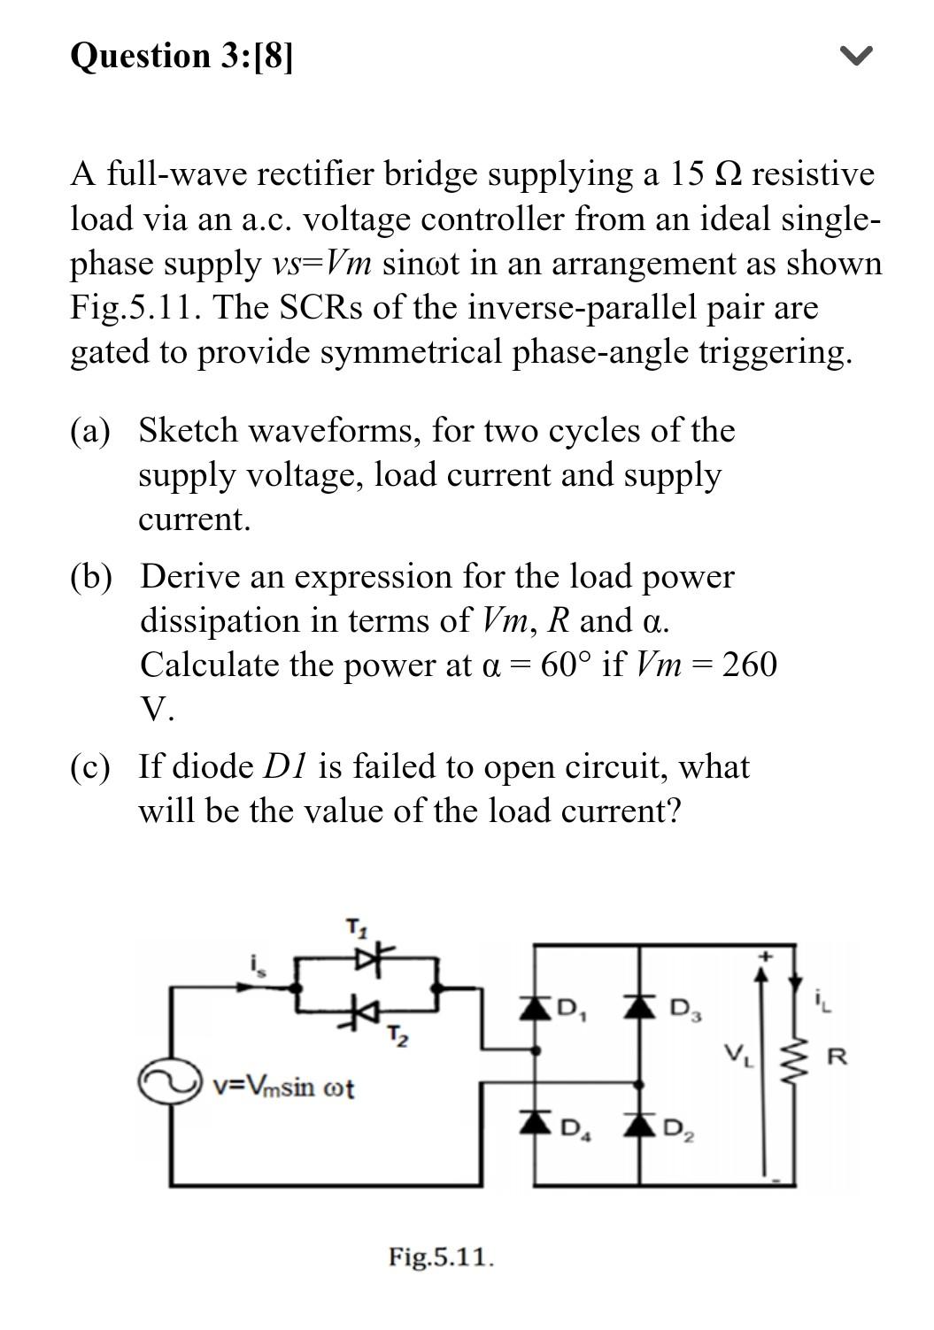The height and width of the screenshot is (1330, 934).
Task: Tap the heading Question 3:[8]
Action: [x=181, y=56]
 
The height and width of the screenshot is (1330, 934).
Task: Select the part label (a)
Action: [x=90, y=431]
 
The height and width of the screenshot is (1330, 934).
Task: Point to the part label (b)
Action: [x=91, y=577]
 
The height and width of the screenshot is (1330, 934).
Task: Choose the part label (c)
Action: [x=90, y=766]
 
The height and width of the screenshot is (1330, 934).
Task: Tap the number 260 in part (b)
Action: [x=749, y=664]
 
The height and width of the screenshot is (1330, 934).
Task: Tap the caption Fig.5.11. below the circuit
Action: [x=441, y=1257]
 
